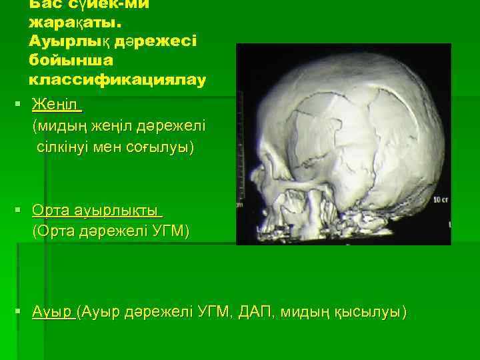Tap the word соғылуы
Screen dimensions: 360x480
[163, 146]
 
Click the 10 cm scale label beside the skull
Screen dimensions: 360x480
[440, 199]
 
